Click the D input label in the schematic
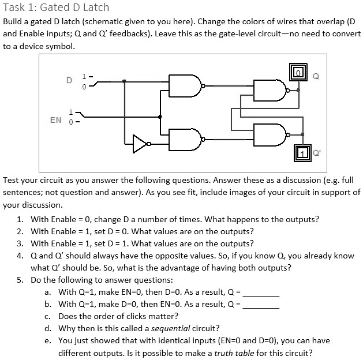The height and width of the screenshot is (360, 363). (x=69, y=80)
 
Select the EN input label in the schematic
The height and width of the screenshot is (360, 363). (x=56, y=120)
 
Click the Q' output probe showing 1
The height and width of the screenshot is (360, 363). (x=302, y=153)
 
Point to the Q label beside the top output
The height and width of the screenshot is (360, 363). (x=315, y=75)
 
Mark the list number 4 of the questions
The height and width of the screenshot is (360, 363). (x=20, y=256)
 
